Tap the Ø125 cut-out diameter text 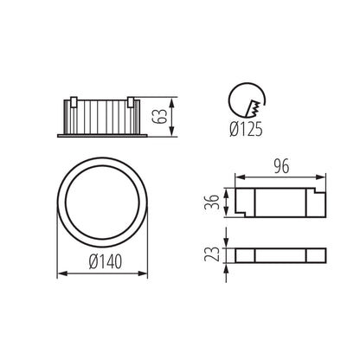(x=246, y=132)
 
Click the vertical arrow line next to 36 (x=227, y=202)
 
